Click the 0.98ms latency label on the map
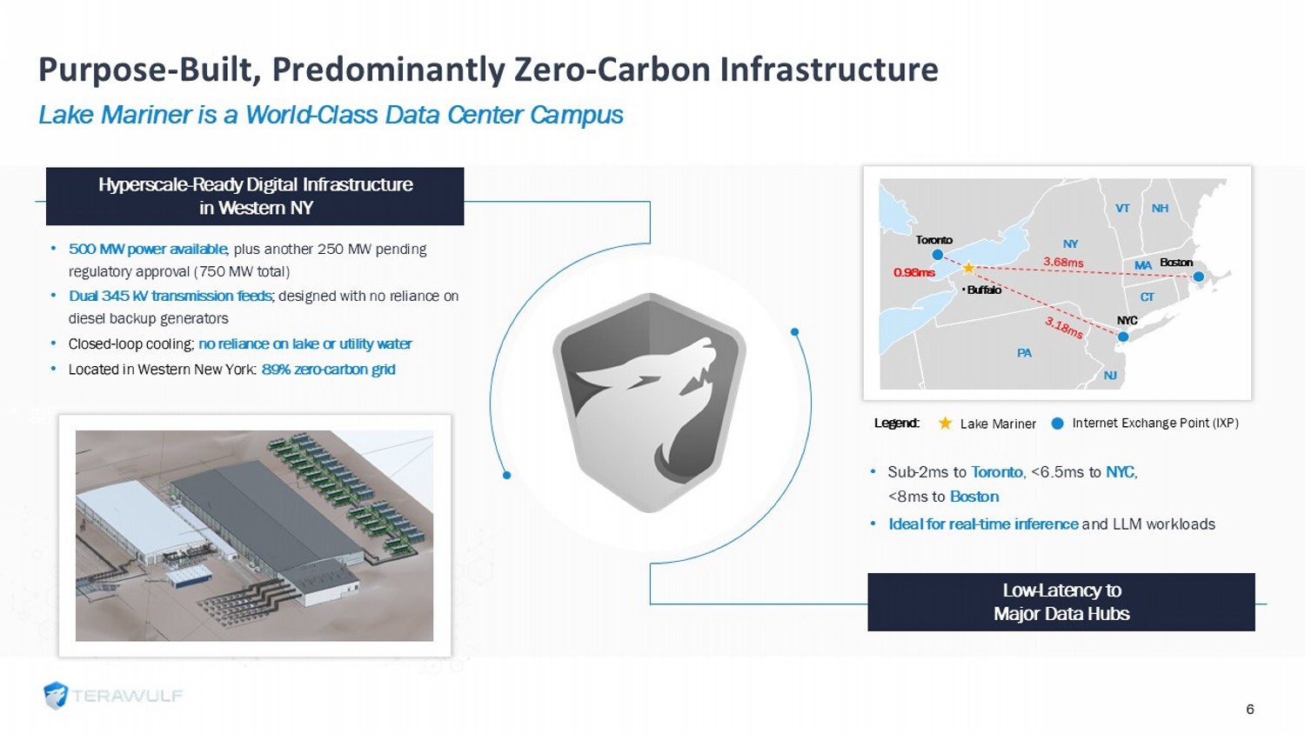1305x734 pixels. pyautogui.click(x=914, y=272)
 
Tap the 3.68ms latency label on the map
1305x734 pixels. pyautogui.click(x=1063, y=262)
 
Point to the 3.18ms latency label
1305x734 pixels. pyautogui.click(x=1064, y=328)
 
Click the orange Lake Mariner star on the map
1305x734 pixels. pyautogui.click(x=968, y=267)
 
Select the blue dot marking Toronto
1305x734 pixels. pyautogui.click(x=937, y=255)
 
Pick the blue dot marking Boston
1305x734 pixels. pyautogui.click(x=1198, y=277)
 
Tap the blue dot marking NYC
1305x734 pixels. pyautogui.click(x=1123, y=337)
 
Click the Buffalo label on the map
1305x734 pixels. pyautogui.click(x=982, y=290)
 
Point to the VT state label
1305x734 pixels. pyautogui.click(x=1122, y=209)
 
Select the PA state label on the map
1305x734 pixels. pyautogui.click(x=1024, y=353)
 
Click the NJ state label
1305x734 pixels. pyautogui.click(x=1110, y=376)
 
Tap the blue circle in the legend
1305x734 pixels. pyautogui.click(x=1057, y=424)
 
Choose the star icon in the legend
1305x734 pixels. pyautogui.click(x=945, y=424)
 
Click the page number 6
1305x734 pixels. pyautogui.click(x=1249, y=709)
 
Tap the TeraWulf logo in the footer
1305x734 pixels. pyautogui.click(x=113, y=696)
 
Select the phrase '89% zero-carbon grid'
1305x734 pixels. pyautogui.click(x=329, y=370)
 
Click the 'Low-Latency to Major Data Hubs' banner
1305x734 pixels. pyautogui.click(x=1061, y=602)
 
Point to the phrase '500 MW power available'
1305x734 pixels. pyautogui.click(x=148, y=250)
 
